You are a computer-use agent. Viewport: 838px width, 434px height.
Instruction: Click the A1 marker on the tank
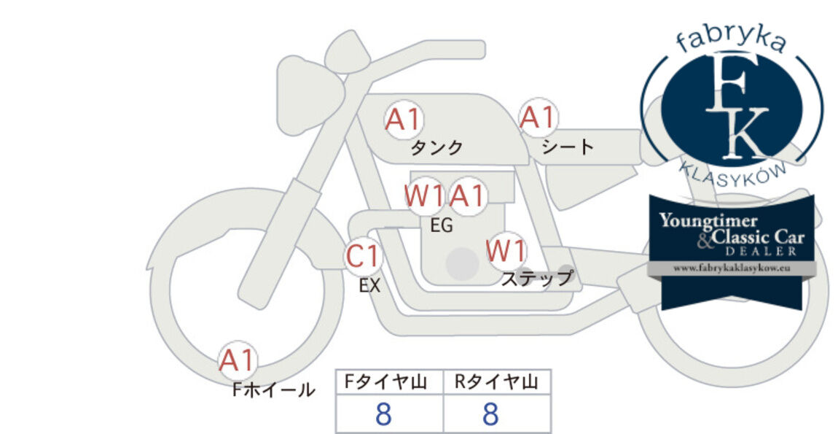tap(404, 120)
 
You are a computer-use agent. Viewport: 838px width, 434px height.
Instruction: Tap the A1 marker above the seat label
tap(539, 117)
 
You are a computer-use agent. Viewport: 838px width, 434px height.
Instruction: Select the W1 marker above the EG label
tap(424, 196)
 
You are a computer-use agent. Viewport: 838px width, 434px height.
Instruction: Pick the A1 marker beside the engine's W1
tap(466, 196)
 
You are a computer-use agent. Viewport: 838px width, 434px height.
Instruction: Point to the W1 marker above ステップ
tap(506, 250)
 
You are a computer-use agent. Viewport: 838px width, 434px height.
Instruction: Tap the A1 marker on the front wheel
tap(238, 360)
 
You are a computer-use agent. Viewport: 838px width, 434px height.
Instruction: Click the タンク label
tap(436, 147)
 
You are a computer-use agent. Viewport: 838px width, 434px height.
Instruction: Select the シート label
tap(568, 147)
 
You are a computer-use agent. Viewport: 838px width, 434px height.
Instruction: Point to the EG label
tap(442, 225)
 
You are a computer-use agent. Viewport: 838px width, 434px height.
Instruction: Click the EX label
tap(369, 286)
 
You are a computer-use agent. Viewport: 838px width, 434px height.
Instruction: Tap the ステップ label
tap(537, 279)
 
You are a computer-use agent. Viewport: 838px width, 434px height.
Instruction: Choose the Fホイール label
tap(274, 390)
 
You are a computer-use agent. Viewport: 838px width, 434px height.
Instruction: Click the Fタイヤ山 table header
tap(386, 381)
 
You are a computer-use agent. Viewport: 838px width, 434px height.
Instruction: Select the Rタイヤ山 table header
tap(496, 381)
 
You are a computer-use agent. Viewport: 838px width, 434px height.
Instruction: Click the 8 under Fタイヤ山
tap(384, 414)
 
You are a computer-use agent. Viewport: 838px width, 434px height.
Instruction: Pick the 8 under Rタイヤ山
tap(490, 414)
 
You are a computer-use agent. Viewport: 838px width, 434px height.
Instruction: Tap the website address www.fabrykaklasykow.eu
tap(732, 268)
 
